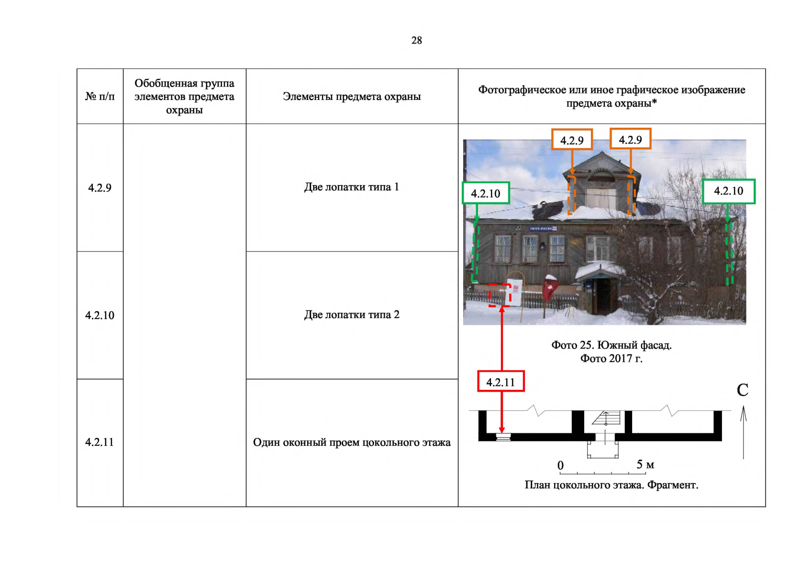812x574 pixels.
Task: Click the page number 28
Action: click(416, 40)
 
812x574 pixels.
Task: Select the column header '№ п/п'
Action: click(100, 97)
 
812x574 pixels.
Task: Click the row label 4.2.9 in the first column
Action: click(100, 188)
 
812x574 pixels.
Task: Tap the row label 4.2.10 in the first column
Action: click(100, 315)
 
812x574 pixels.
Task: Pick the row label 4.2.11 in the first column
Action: click(100, 442)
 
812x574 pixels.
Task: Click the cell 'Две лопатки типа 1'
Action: click(352, 187)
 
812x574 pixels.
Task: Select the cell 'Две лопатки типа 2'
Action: click(352, 315)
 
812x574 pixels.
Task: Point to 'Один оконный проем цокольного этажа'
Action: click(352, 442)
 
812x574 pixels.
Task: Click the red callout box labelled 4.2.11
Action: click(501, 381)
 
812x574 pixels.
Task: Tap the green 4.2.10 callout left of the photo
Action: click(486, 193)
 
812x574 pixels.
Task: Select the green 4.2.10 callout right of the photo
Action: click(729, 191)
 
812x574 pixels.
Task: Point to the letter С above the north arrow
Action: click(743, 390)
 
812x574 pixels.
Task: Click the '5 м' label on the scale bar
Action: click(645, 464)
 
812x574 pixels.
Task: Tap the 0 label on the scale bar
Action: click(560, 465)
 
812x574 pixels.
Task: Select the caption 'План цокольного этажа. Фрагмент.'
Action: click(612, 485)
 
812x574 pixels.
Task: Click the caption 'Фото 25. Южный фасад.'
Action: click(612, 345)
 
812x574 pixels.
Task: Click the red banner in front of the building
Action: click(550, 288)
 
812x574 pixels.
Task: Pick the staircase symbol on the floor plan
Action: click(606, 418)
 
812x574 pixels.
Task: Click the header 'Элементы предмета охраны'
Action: click(352, 97)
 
